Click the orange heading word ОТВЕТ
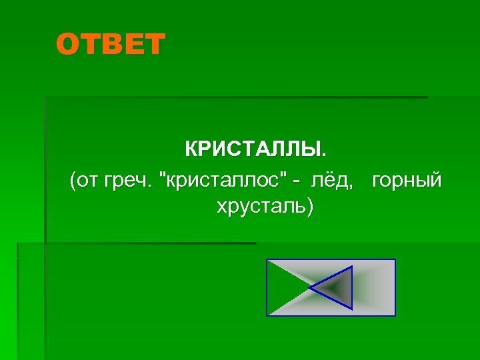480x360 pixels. click(x=110, y=45)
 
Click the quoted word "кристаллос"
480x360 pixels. click(x=227, y=180)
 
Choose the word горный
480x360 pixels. click(x=407, y=180)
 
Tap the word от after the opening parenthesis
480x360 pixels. click(x=88, y=180)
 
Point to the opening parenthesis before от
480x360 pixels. click(x=73, y=181)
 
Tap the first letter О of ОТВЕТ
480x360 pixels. click(x=67, y=45)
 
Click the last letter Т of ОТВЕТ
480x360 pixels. click(x=154, y=45)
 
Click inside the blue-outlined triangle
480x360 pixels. click(x=337, y=287)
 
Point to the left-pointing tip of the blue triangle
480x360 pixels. click(x=311, y=288)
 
